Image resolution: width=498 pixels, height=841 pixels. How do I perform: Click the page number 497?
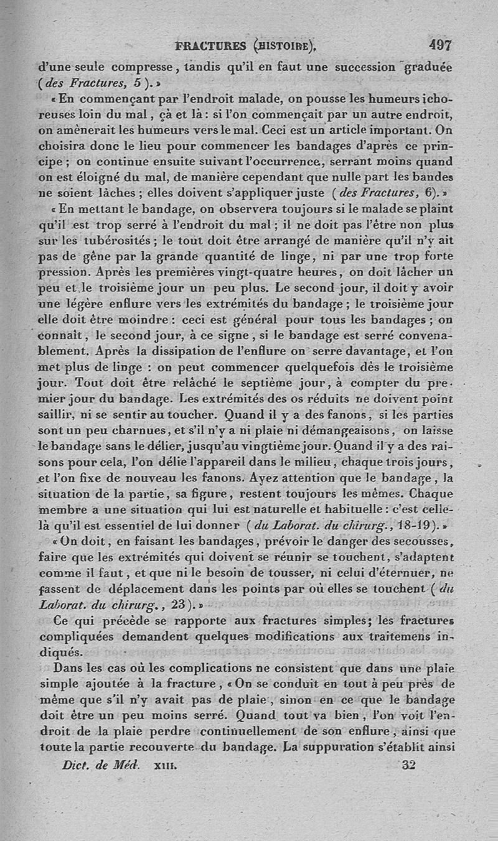[439, 45]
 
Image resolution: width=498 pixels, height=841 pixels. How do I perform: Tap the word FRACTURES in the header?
[210, 45]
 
